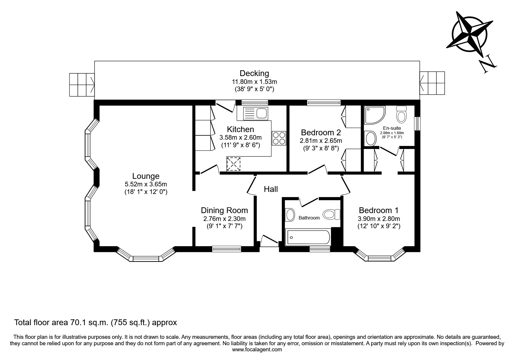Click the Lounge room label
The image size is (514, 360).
coord(146,176)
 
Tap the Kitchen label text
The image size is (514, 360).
coord(240,129)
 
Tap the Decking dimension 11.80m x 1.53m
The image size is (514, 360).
coord(254,82)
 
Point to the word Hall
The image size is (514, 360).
coord(271,189)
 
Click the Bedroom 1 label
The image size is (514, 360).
coord(378,210)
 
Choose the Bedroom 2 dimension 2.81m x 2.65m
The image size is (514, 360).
coord(321,141)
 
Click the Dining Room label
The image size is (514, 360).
coord(224,210)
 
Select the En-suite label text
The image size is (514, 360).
coord(392,128)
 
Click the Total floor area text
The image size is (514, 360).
coord(95,322)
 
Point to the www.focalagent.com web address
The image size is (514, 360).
coord(257,350)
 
